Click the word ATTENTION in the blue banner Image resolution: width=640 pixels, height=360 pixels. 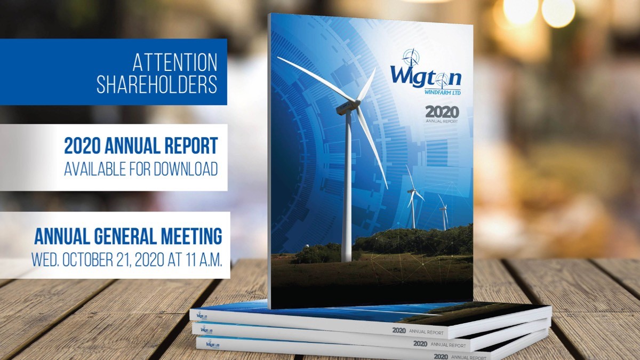pos(174,62)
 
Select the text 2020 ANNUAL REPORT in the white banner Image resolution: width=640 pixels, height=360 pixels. pos(141,146)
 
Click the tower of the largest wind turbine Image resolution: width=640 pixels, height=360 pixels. pos(348,192)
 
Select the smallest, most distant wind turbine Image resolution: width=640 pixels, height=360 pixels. pos(443,213)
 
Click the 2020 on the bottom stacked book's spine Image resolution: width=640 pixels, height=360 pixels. pos(441,356)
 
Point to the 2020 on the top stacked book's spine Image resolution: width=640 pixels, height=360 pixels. pos(399,331)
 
